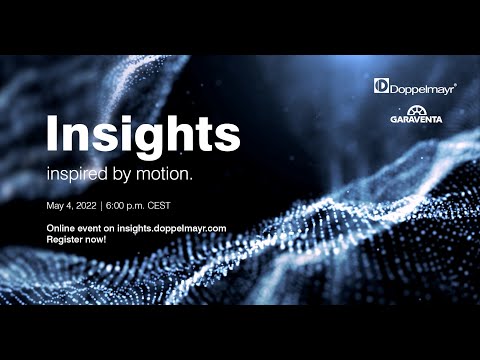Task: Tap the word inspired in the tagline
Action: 76,173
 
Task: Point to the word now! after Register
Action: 102,241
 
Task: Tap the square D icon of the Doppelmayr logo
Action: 381,86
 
